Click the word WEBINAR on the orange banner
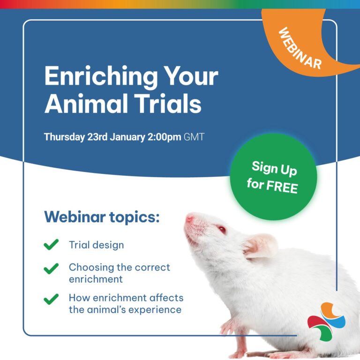click(300, 48)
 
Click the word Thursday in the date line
click(65, 137)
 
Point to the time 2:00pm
click(165, 137)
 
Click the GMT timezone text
click(194, 137)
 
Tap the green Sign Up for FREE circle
click(273, 177)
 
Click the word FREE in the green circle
click(282, 187)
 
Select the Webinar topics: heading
click(102, 217)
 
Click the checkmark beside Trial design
click(51, 244)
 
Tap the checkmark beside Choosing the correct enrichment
click(51, 269)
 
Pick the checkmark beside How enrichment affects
click(51, 299)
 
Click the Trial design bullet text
click(97, 245)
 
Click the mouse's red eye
click(222, 229)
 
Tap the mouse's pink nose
click(189, 218)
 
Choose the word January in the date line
click(127, 137)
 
